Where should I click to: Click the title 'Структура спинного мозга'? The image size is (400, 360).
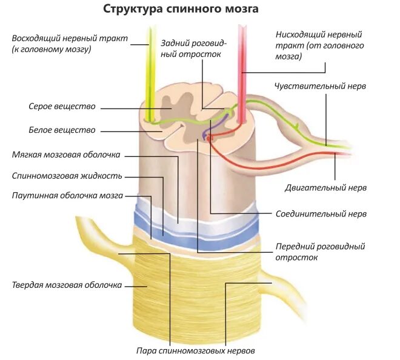(x=181, y=9)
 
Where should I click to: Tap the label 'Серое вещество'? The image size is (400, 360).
(x=62, y=107)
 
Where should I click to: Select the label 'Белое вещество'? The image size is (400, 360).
(x=62, y=130)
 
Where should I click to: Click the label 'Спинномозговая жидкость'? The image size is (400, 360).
(x=67, y=176)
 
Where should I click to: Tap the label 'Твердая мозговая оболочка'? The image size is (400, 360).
(x=67, y=285)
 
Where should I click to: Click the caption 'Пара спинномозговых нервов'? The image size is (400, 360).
(x=195, y=350)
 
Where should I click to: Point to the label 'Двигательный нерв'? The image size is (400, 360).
(x=325, y=188)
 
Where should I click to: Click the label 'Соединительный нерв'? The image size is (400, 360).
(x=321, y=213)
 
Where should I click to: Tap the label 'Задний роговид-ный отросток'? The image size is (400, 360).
(x=193, y=48)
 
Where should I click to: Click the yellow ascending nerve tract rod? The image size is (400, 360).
(x=148, y=67)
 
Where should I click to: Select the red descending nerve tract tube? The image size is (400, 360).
(x=243, y=67)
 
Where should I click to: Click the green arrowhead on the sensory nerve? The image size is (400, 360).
(x=296, y=125)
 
